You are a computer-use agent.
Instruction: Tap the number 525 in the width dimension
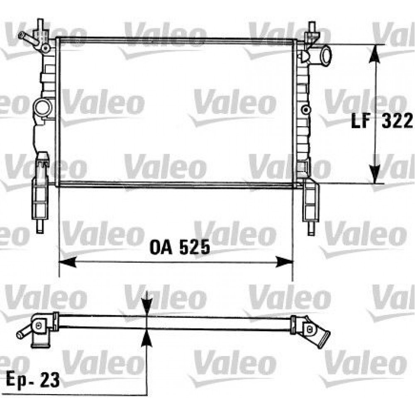click(x=193, y=248)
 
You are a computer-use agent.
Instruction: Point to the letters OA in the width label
click(x=162, y=248)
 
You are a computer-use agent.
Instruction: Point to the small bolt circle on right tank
click(x=306, y=110)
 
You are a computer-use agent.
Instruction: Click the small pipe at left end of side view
click(x=23, y=333)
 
